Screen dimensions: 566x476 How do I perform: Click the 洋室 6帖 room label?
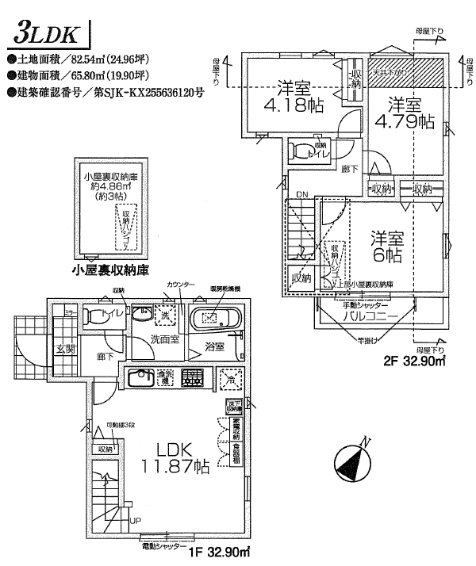pos(387,247)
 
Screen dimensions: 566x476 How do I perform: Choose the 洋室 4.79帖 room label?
pos(404,113)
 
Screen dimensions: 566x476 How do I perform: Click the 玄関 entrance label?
pos(64,347)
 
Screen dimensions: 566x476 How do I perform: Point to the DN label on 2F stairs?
pos(301,194)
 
